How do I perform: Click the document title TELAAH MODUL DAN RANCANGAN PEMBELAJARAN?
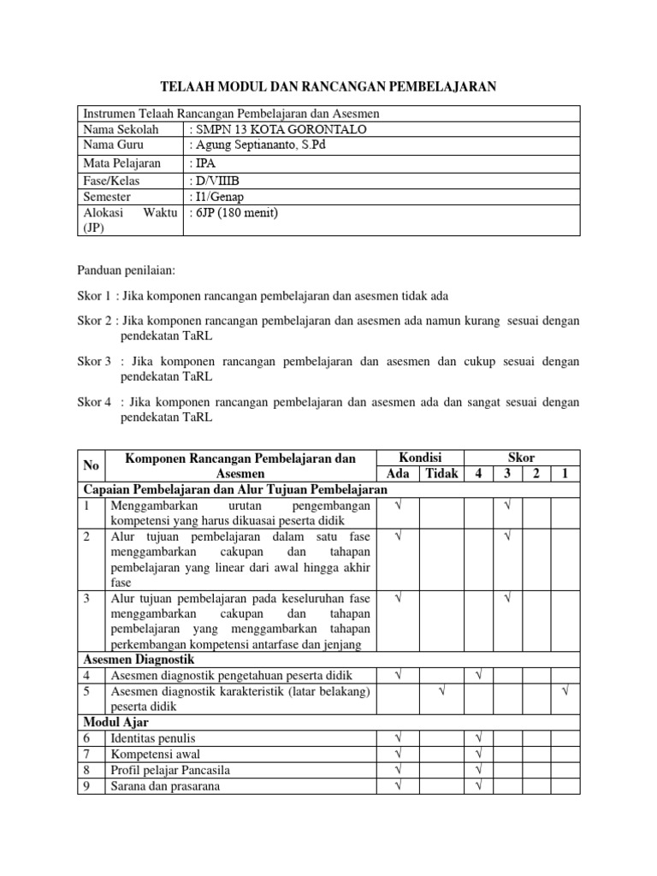tap(328, 86)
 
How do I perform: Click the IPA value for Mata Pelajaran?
tap(201, 163)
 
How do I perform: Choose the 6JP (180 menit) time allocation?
tap(236, 213)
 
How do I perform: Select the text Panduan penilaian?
tap(126, 270)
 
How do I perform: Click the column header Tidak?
tap(441, 473)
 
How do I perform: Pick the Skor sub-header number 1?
tap(565, 473)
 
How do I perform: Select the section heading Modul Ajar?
tap(115, 722)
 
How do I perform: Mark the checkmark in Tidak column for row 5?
tap(441, 691)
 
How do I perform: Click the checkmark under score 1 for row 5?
tap(565, 691)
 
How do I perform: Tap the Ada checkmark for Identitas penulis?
tap(398, 737)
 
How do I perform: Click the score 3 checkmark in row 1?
tap(507, 506)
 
